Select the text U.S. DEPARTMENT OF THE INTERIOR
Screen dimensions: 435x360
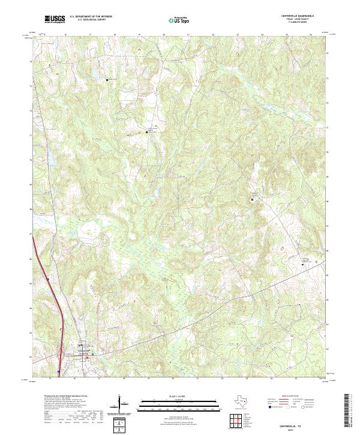(x=91, y=17)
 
